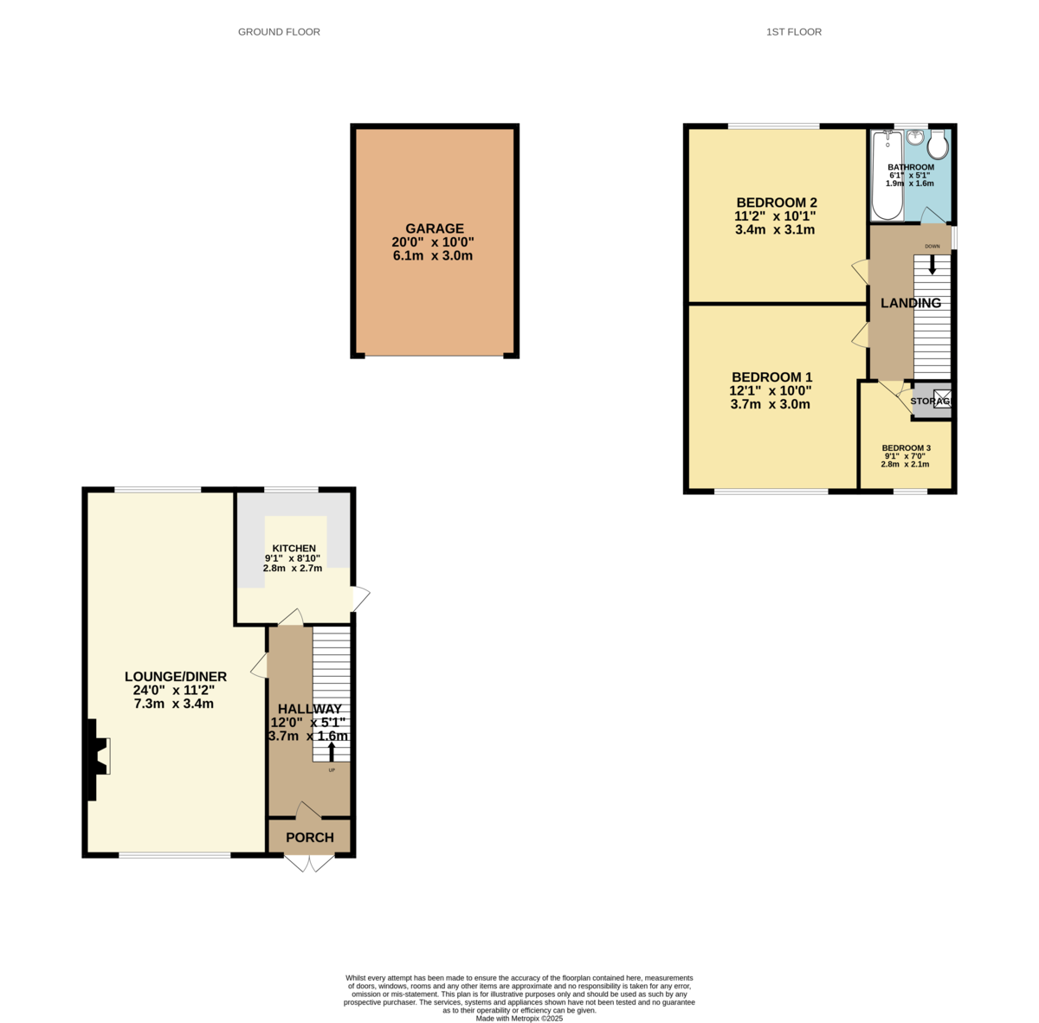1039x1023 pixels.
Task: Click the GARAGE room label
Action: point(435,228)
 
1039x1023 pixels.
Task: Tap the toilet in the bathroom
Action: point(937,145)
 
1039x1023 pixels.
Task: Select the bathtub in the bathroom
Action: point(887,176)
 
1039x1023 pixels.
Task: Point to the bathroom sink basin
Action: point(915,138)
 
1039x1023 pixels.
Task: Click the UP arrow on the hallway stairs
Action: point(331,751)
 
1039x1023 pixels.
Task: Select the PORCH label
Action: point(310,837)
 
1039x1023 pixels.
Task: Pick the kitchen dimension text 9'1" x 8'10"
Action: point(294,559)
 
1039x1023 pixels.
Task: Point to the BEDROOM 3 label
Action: point(907,447)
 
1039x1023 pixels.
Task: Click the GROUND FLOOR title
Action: point(279,32)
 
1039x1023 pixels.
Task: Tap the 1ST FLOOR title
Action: point(793,32)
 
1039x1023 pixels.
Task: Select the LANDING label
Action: point(911,303)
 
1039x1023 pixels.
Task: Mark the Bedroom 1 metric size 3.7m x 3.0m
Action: point(770,404)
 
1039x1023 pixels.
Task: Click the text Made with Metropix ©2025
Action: point(519,1019)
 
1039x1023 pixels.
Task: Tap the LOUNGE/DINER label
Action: point(176,677)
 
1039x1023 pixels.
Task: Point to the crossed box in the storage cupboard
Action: point(942,399)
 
